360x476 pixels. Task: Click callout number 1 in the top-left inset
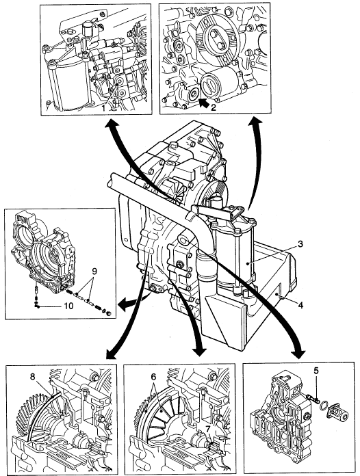pos(103,107)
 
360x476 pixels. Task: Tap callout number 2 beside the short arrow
pos(214,107)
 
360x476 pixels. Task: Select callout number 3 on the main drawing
pos(300,243)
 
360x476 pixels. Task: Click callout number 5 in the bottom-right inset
pos(316,370)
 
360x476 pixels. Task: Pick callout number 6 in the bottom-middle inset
pos(153,377)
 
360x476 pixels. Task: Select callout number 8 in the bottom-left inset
pos(32,376)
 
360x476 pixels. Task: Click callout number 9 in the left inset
pos(94,271)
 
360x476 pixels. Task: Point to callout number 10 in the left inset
pos(68,306)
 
